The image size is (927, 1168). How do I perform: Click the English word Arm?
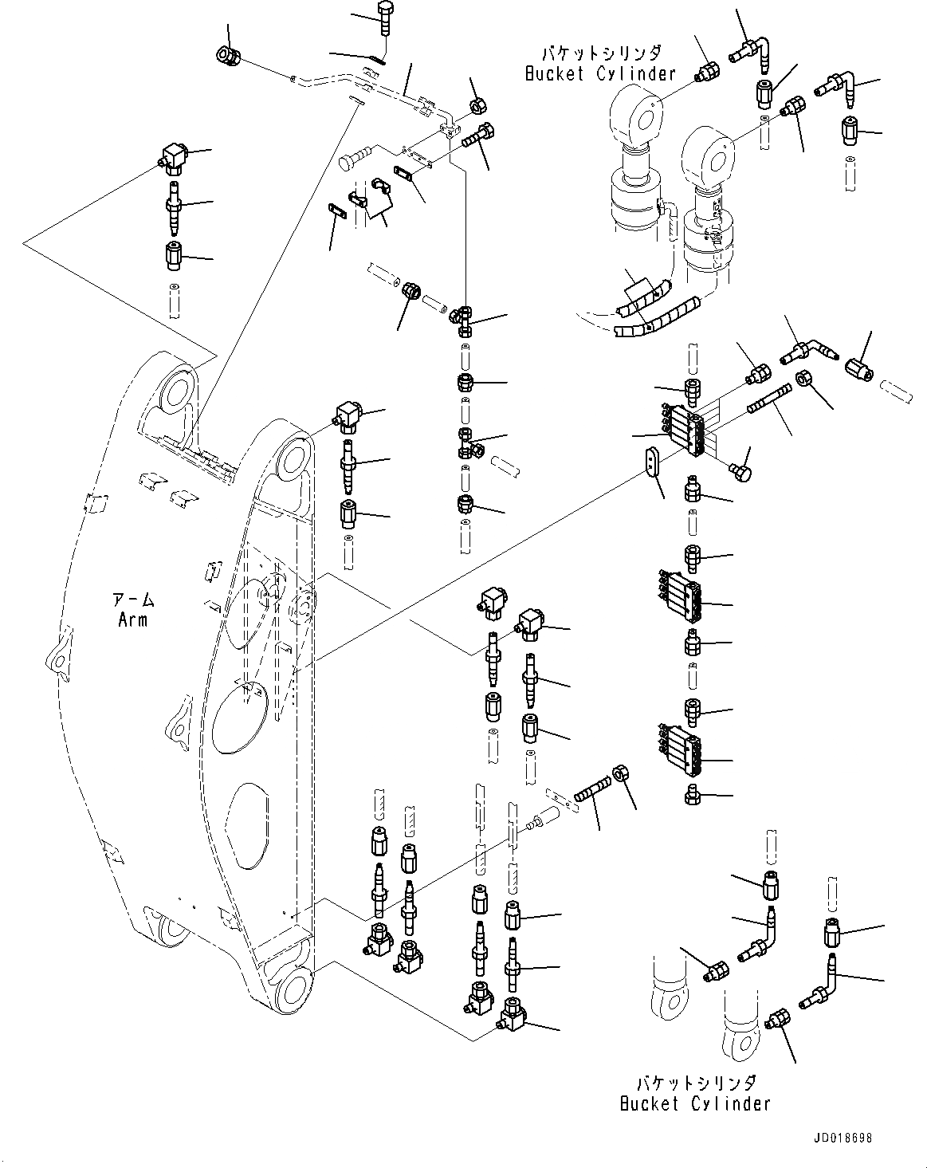[132, 619]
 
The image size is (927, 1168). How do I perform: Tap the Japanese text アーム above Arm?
[132, 600]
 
